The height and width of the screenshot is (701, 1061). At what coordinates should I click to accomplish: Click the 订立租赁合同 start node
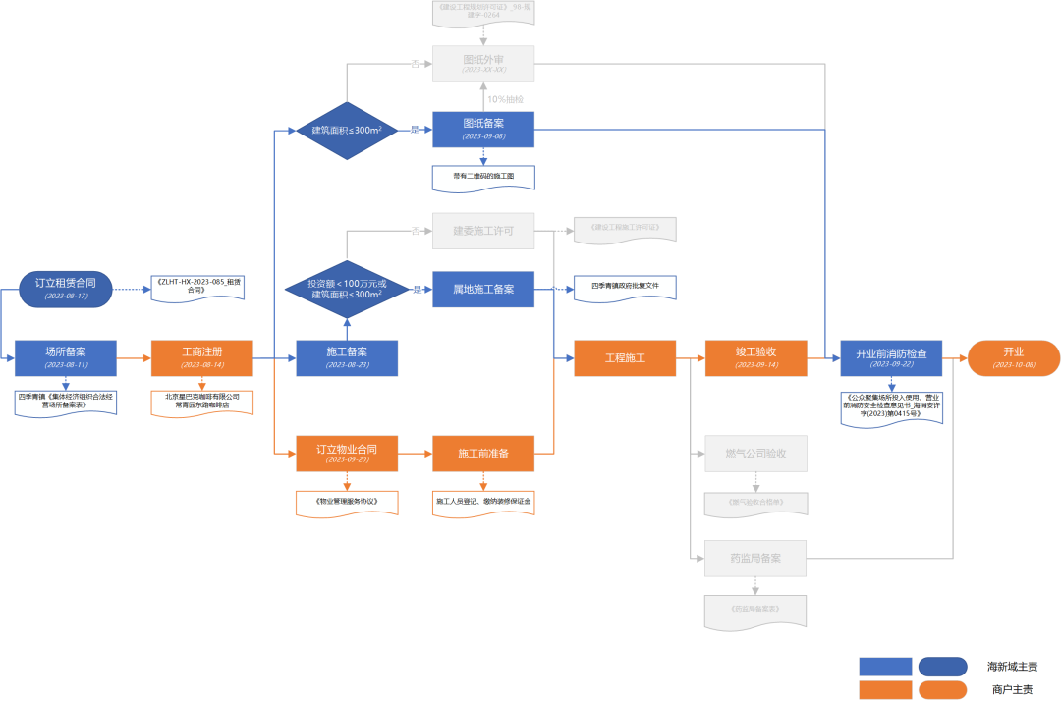(66, 289)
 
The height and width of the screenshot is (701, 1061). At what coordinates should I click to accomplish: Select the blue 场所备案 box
(66, 357)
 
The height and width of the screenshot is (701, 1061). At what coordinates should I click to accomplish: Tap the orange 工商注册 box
(201, 357)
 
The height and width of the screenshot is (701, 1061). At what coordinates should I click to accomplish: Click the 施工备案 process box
(347, 357)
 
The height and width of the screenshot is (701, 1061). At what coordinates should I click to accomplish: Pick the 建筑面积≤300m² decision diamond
(347, 130)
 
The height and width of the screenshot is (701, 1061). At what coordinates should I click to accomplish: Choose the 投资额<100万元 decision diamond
(347, 289)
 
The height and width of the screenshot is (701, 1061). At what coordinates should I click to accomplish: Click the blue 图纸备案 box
(483, 130)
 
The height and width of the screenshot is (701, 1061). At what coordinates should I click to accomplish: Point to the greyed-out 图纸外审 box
(483, 64)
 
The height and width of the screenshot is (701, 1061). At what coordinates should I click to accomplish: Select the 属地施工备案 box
(483, 289)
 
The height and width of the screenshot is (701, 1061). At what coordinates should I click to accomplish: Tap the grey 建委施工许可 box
(483, 231)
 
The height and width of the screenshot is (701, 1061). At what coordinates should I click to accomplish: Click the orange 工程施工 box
(625, 357)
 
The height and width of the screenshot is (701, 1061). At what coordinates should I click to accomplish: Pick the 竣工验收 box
(755, 357)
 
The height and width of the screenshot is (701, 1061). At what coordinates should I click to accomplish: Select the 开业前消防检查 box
(891, 357)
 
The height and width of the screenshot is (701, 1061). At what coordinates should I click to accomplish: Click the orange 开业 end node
(1013, 357)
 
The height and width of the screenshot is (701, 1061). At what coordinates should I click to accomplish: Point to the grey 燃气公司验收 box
(755, 453)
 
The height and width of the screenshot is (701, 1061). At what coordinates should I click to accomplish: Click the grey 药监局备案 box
(755, 558)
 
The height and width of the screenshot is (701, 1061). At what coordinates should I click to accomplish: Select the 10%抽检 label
(505, 99)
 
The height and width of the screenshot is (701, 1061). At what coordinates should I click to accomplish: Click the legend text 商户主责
(1011, 690)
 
